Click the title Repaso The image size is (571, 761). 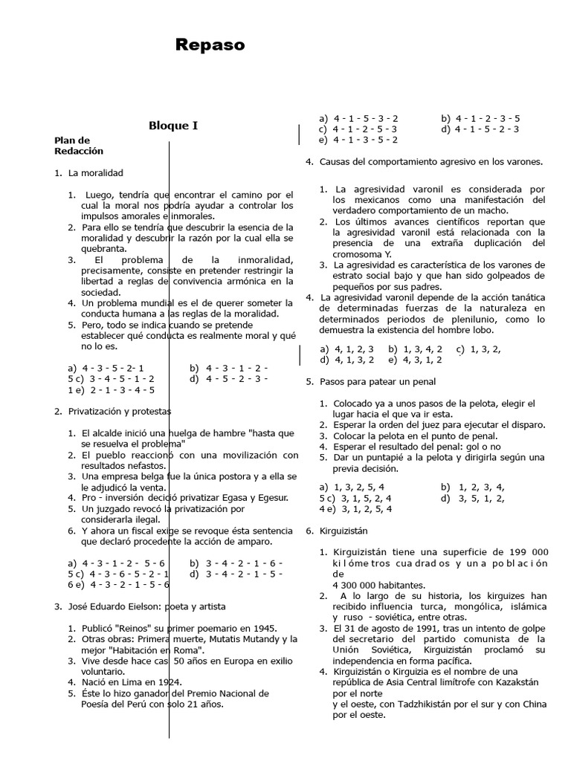[210, 46]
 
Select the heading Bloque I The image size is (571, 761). [173, 126]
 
